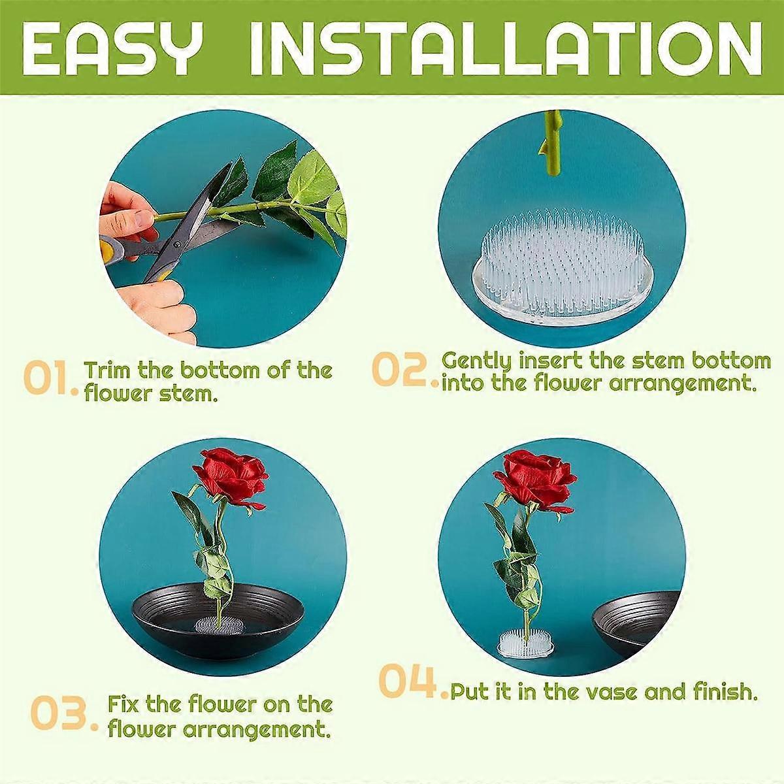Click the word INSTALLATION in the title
point(507,50)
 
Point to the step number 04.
point(410,681)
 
